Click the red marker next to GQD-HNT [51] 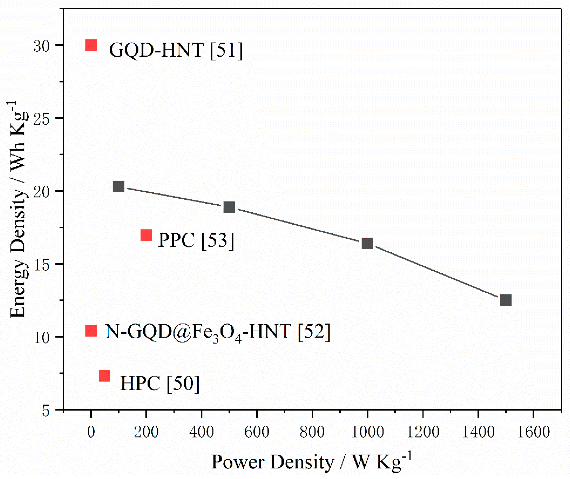click(91, 45)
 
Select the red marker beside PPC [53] click(146, 235)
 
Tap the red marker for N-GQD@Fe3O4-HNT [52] click(91, 331)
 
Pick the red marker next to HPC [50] click(105, 376)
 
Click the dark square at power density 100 click(119, 187)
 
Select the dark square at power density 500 click(229, 207)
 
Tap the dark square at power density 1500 click(506, 300)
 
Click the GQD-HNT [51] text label click(176, 50)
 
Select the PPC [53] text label click(196, 240)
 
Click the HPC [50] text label click(160, 383)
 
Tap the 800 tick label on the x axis click(312, 431)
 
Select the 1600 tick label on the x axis click(534, 431)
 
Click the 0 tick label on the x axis click(91, 431)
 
